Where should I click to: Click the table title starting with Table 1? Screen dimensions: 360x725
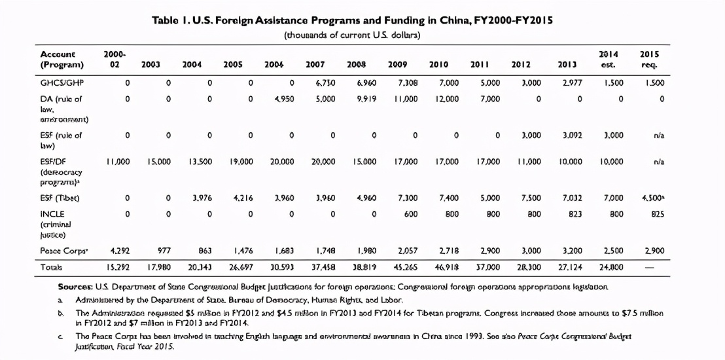[x=352, y=20]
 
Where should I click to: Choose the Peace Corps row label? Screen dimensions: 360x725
[x=64, y=251]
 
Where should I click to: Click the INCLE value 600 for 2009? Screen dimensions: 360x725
[x=411, y=213]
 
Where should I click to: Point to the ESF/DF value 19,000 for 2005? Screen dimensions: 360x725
[x=241, y=162]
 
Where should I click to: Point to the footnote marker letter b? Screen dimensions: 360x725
[x=60, y=313]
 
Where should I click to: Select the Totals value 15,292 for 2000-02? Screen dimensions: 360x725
[x=118, y=267]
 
